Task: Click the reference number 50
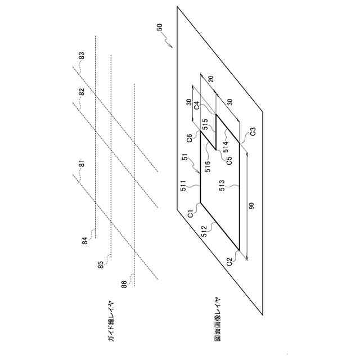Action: pos(160,27)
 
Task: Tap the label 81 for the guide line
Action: pos(82,165)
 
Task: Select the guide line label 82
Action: pos(82,93)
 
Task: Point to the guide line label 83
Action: pos(82,57)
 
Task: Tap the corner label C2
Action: pos(229,261)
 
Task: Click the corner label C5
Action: pos(229,159)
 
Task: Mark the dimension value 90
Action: pos(251,206)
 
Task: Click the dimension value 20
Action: pos(210,79)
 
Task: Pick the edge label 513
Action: pos(222,186)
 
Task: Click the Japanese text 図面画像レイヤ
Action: pos(218,319)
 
